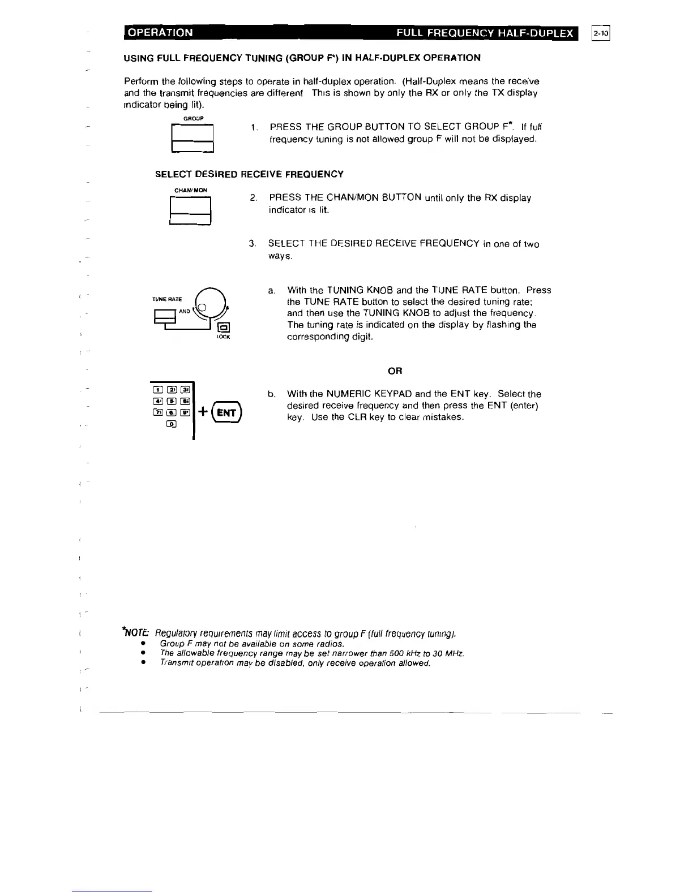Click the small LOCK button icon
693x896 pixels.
point(223,327)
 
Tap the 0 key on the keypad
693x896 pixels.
point(171,425)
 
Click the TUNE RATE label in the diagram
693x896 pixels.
point(166,299)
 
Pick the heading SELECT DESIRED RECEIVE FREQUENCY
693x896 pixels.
point(249,174)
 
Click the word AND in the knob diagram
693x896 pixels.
point(185,311)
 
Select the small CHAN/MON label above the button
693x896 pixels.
point(190,190)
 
